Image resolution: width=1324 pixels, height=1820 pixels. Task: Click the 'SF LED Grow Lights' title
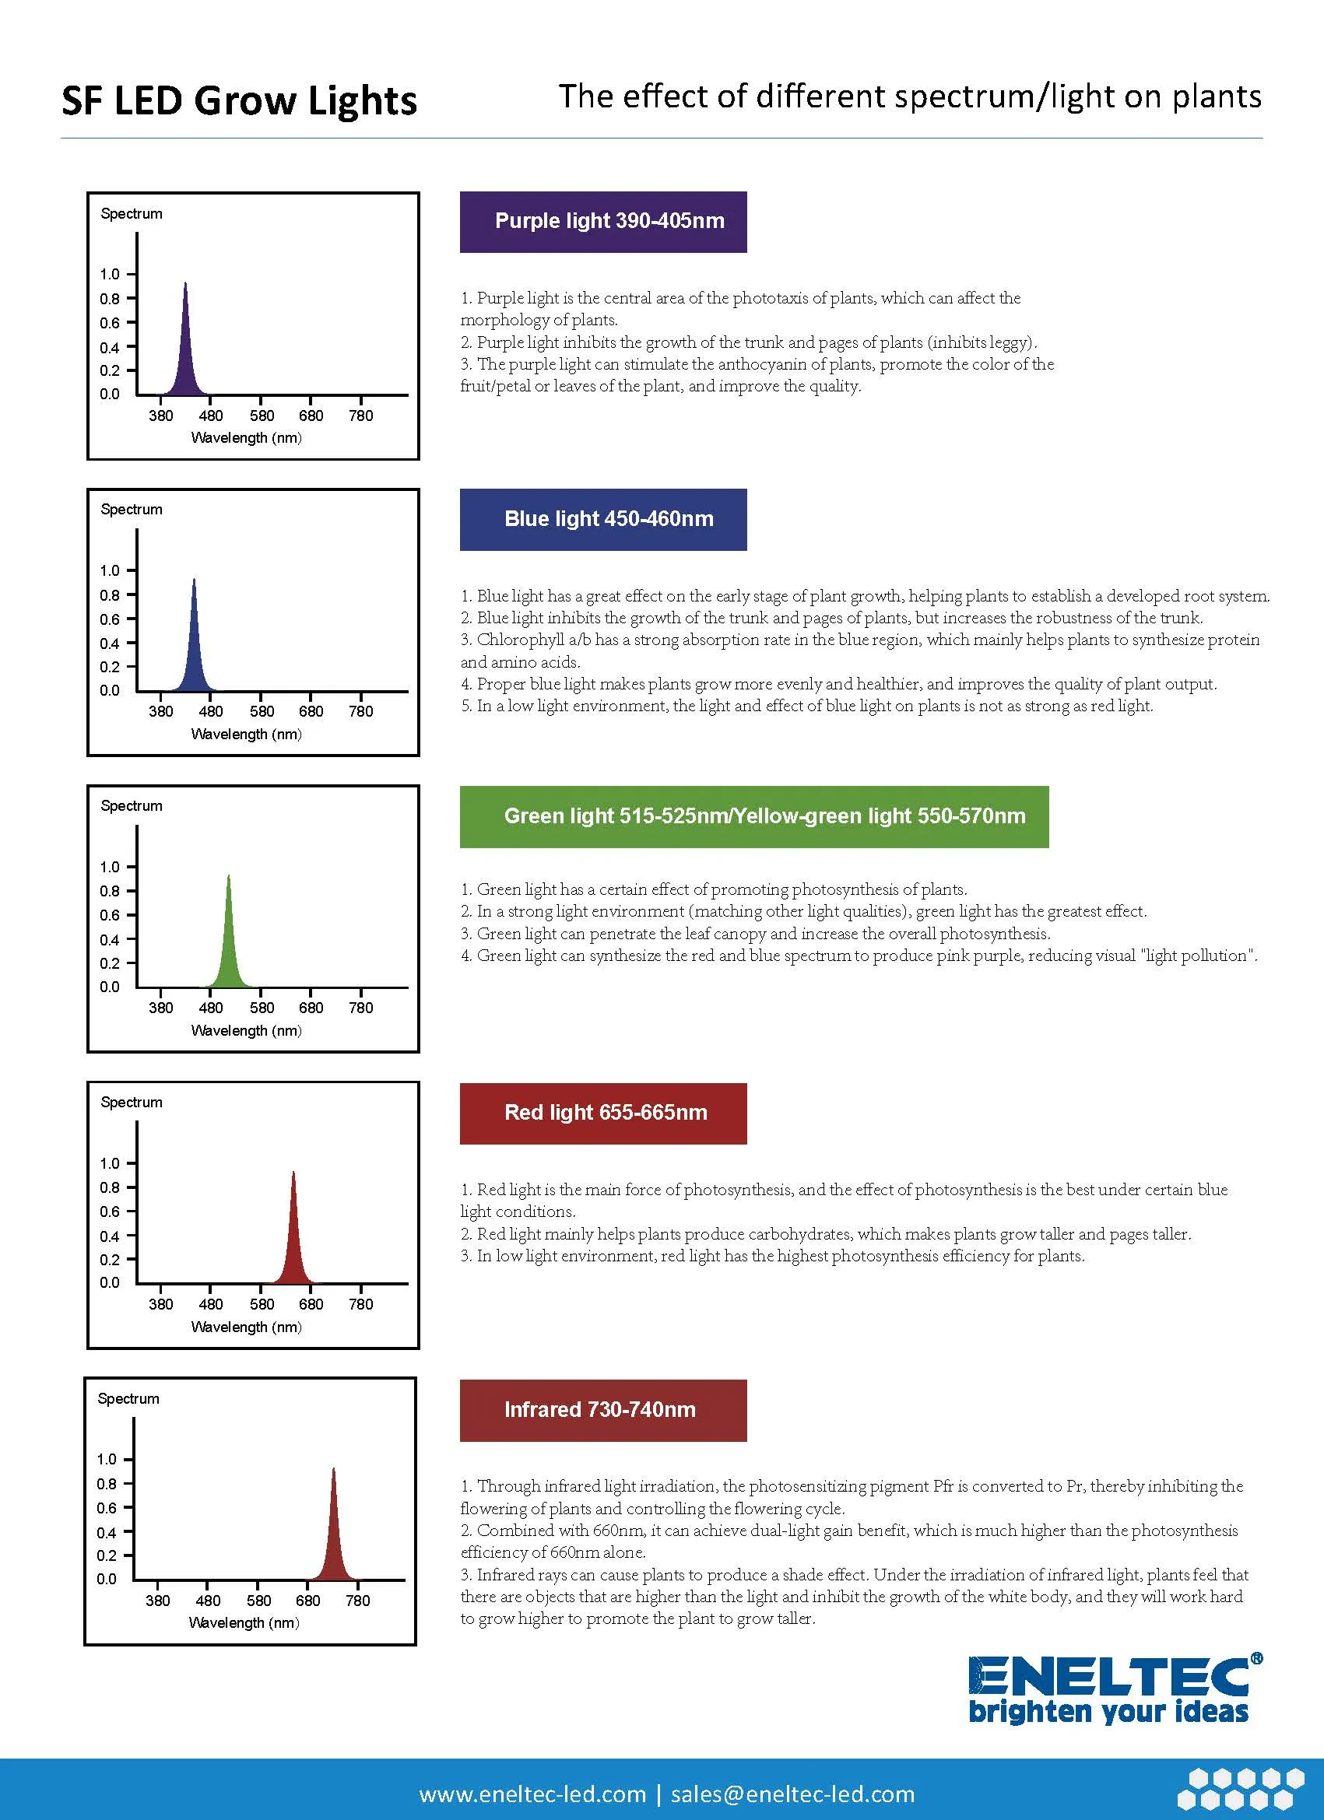pos(238,101)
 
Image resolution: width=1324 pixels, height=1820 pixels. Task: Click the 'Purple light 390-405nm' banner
pos(603,222)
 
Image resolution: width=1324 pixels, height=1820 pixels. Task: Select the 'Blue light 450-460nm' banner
pos(603,519)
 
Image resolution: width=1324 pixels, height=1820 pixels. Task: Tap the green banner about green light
pos(754,816)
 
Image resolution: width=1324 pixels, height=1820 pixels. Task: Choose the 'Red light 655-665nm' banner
pos(603,1113)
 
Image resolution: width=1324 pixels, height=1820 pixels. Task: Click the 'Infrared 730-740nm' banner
pos(603,1410)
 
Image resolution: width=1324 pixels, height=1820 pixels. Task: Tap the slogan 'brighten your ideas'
pos(1109,1713)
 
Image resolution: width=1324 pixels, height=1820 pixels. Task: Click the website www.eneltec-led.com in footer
pos(532,1794)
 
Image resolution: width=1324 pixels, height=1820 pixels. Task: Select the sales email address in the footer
pos(792,1794)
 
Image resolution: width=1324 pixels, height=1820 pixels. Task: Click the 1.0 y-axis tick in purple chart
pos(109,275)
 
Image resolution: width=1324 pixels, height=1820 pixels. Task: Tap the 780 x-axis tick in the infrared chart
pos(357,1601)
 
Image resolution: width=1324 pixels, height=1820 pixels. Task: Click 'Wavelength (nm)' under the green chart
pos(246,1030)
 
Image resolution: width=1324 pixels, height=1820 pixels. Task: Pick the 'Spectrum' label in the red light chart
pos(132,1103)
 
